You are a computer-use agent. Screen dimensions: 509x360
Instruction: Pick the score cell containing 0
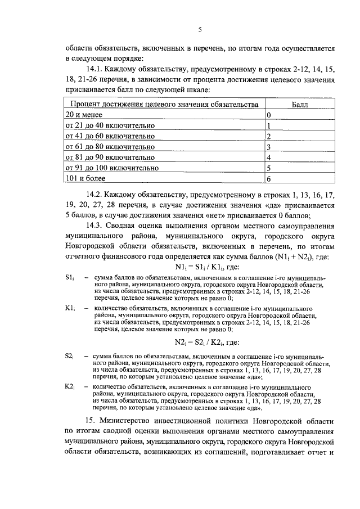[269, 115]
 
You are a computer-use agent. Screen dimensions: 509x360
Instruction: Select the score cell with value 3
[269, 147]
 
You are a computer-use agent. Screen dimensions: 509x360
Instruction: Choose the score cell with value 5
[269, 168]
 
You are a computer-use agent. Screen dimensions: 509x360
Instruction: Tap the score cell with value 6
[269, 179]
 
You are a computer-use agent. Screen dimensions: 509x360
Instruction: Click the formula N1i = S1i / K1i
[200, 268]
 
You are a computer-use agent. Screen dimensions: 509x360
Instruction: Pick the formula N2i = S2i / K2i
[200, 341]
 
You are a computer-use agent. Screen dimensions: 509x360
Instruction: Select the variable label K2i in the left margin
[70, 388]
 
